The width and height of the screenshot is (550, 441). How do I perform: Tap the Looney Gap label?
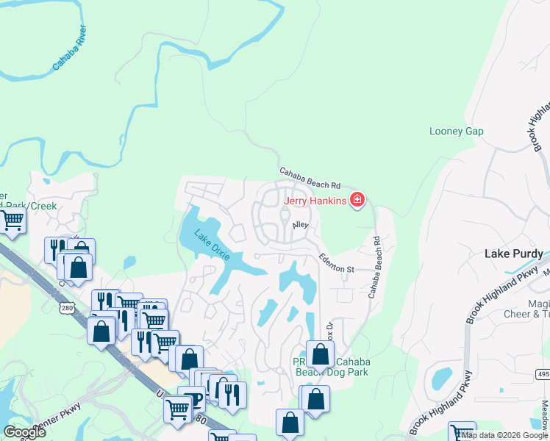[456, 131]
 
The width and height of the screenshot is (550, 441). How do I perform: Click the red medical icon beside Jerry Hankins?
[357, 199]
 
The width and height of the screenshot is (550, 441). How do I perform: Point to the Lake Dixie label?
[212, 245]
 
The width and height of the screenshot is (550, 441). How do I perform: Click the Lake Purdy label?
[513, 254]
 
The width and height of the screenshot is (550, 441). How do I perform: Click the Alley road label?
[300, 226]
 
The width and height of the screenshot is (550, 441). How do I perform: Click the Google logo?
[24, 431]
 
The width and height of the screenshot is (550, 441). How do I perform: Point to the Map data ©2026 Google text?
[504, 435]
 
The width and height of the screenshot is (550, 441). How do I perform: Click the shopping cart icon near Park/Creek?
[12, 218]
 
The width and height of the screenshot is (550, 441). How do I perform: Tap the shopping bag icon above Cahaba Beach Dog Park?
[320, 354]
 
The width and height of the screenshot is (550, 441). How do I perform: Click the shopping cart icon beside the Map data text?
[461, 432]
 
